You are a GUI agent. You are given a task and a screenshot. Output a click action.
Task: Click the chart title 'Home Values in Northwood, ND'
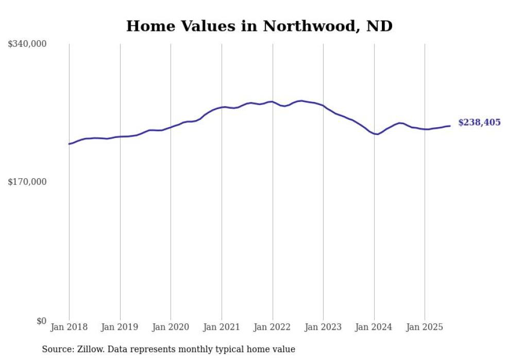259,26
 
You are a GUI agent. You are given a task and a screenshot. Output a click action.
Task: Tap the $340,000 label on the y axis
27,44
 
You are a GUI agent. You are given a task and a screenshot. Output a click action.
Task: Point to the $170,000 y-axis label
27,182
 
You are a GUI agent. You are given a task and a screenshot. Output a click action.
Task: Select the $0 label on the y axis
41,321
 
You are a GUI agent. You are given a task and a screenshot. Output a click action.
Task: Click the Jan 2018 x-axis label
69,327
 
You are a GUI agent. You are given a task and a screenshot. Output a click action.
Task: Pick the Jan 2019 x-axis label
120,327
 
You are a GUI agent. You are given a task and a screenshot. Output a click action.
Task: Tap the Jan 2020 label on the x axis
171,327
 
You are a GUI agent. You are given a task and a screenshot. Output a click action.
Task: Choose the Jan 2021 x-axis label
222,327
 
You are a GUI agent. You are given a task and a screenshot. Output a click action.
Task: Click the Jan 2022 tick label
273,327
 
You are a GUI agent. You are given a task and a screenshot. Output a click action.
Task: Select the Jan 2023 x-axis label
323,327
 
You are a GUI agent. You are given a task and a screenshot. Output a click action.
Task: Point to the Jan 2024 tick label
374,327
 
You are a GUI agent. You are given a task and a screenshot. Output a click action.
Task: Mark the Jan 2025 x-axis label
425,327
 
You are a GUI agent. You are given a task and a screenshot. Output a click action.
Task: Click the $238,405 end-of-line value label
479,123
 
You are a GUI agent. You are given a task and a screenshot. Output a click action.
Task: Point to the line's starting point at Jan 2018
69,144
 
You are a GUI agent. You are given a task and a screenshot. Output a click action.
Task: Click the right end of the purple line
450,126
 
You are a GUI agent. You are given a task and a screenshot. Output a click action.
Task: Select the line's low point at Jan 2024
377,134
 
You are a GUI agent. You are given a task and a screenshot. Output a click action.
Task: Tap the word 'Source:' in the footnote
57,349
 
